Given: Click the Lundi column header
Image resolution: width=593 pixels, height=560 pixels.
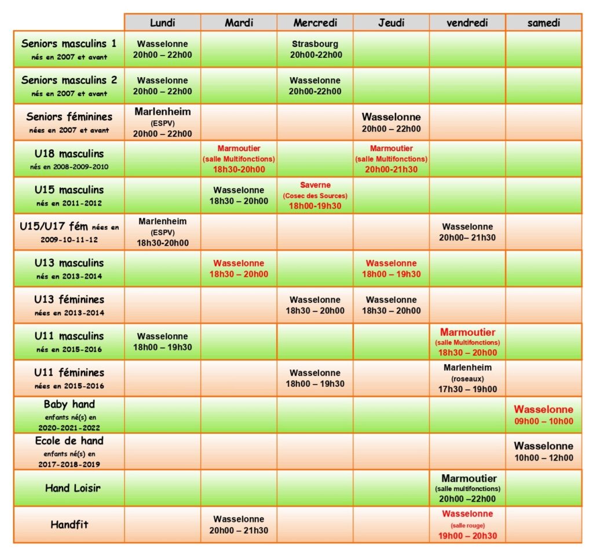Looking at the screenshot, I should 162,23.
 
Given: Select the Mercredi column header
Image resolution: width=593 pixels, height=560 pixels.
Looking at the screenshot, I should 314,23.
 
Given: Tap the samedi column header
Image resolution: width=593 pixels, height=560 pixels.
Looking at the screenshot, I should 543,23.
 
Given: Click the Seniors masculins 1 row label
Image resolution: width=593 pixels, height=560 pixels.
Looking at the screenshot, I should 68,49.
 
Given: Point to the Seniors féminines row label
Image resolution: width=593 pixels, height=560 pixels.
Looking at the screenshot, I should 68,122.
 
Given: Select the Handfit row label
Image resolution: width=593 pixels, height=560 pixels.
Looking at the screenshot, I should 68,525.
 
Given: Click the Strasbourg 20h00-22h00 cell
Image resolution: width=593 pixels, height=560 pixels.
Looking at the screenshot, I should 314,49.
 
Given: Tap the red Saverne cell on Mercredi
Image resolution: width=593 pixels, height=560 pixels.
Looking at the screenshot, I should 315,195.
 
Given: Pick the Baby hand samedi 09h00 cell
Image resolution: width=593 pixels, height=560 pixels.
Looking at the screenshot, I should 543,415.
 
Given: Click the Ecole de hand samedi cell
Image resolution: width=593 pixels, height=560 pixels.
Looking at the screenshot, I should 543,451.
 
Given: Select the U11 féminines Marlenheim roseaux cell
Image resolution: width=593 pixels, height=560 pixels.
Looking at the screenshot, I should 467,378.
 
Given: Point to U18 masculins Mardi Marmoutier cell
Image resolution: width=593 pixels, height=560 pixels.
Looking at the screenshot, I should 239,159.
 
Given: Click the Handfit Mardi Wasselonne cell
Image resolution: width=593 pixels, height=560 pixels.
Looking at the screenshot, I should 239,525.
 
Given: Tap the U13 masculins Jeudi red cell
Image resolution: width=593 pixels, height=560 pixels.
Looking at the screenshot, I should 391,269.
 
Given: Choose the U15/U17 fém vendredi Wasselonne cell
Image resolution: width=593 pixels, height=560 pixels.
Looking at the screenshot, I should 467,232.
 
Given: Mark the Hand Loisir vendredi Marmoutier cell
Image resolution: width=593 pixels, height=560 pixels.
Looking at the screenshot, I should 467,488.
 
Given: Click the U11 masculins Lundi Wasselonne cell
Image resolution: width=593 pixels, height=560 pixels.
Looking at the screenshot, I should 162,342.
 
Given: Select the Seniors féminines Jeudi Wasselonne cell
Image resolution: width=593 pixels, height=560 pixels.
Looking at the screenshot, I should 391,122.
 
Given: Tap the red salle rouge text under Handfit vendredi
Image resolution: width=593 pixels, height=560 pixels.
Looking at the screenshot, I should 467,525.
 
